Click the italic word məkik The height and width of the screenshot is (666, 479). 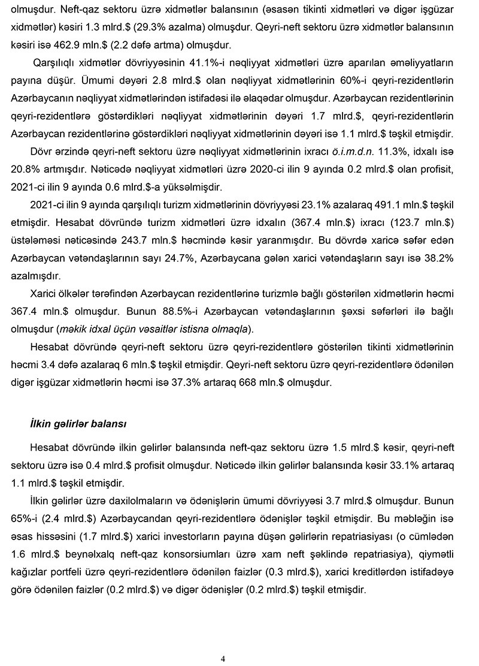click(71, 329)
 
